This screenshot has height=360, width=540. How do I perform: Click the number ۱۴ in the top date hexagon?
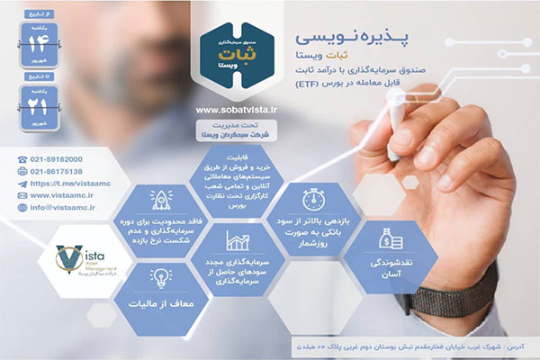(x=40, y=41)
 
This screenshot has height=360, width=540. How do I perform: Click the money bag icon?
(x=391, y=238)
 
